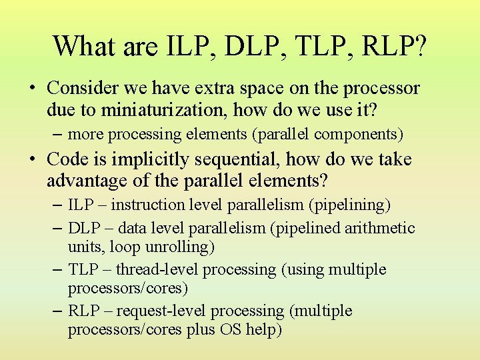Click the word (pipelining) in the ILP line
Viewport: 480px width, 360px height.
[349, 205]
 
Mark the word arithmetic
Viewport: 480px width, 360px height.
[379, 228]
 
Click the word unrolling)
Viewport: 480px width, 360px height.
[179, 247]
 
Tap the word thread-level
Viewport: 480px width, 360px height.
[158, 269]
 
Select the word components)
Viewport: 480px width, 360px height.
[359, 134]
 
